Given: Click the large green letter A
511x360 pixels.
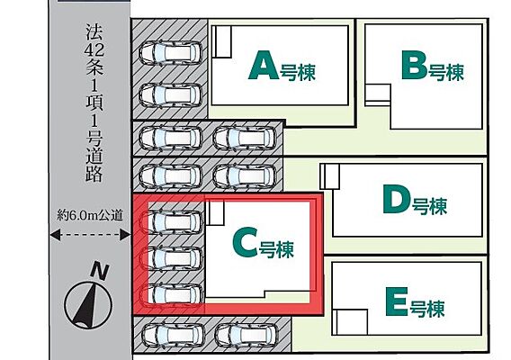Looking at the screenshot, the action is click(x=264, y=66).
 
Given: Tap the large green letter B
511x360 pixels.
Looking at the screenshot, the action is click(x=414, y=65).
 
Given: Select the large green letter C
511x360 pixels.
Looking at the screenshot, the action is click(x=245, y=243).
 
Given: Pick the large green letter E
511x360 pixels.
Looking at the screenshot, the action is click(x=397, y=301).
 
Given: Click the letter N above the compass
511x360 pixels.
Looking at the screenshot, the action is click(x=100, y=271).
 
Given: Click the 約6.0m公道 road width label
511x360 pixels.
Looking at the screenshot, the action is click(x=90, y=215).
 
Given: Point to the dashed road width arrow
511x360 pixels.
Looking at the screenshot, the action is click(x=90, y=235).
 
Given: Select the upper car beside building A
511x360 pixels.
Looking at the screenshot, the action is click(x=171, y=52).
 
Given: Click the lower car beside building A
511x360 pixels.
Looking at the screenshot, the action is click(x=171, y=95).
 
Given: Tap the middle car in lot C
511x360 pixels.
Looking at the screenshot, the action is click(x=171, y=258).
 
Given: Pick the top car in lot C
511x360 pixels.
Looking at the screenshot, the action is click(x=171, y=222).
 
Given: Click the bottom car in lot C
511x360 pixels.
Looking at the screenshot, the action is click(x=171, y=294).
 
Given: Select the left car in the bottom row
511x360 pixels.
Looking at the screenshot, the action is click(x=173, y=336).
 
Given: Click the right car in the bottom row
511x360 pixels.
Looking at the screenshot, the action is click(x=247, y=336).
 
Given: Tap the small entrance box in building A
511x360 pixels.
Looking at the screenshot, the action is click(x=221, y=41).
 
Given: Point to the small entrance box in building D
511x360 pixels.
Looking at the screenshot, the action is click(x=330, y=176).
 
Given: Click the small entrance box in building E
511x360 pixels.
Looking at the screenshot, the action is click(x=350, y=322).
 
